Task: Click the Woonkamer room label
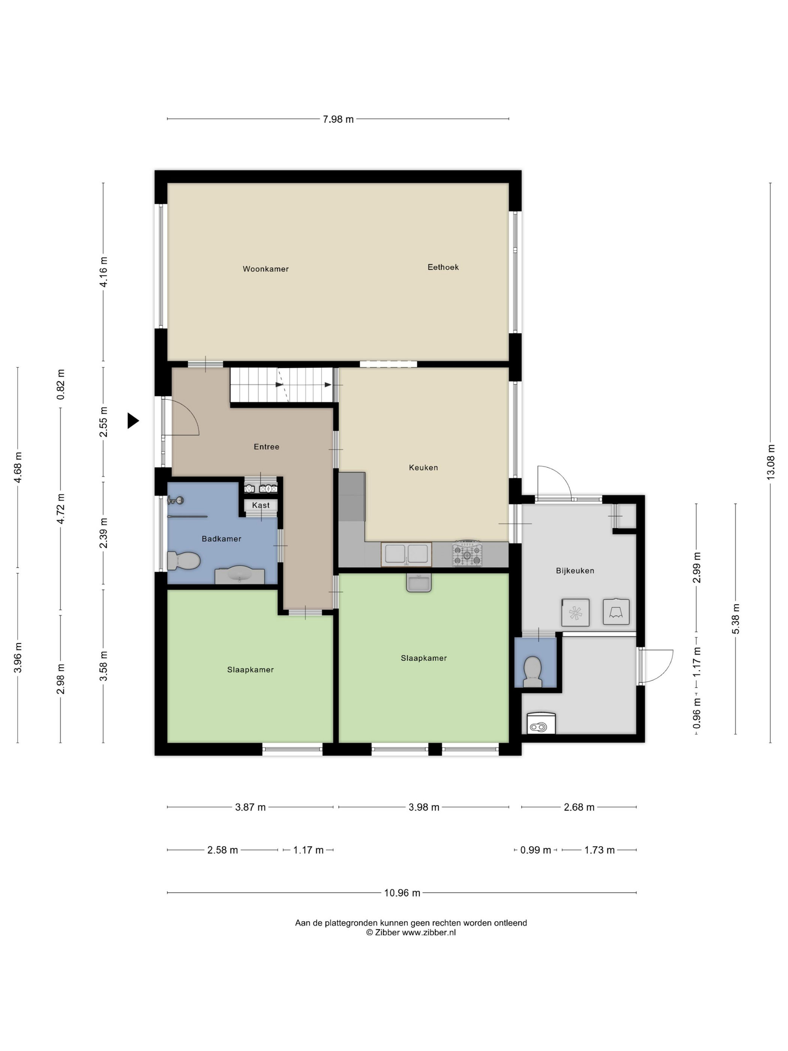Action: (x=266, y=269)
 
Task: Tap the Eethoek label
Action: (x=443, y=267)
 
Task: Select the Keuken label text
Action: (x=423, y=468)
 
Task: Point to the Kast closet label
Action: (x=261, y=505)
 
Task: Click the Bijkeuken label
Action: (x=575, y=571)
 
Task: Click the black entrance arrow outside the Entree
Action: (x=132, y=420)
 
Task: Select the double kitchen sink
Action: (x=406, y=554)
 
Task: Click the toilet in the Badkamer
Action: (x=183, y=561)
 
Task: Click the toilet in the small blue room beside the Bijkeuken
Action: (x=532, y=672)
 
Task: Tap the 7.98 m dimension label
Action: (x=338, y=119)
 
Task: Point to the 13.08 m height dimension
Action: (x=770, y=462)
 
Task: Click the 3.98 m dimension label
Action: (x=424, y=807)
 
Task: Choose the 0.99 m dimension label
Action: (x=535, y=850)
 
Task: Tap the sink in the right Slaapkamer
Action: (x=418, y=582)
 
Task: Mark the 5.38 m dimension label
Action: (x=735, y=619)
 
